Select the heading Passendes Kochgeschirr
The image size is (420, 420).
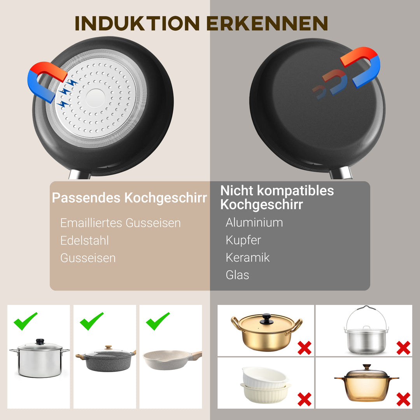pyautogui.click(x=129, y=198)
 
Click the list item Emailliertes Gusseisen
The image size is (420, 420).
pyautogui.click(x=120, y=223)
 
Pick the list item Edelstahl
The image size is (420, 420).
pyautogui.click(x=84, y=240)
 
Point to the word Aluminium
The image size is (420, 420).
pyautogui.click(x=254, y=222)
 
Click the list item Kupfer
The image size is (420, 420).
pyautogui.click(x=243, y=240)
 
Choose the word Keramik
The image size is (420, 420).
pyautogui.click(x=247, y=257)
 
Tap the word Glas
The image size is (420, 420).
pyautogui.click(x=237, y=275)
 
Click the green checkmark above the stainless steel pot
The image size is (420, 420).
pyautogui.click(x=25, y=321)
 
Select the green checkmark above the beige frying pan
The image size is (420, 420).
pyautogui.click(x=158, y=321)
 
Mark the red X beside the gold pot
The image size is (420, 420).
pyautogui.click(x=304, y=348)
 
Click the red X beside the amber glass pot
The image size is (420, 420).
pyautogui.click(x=403, y=399)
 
